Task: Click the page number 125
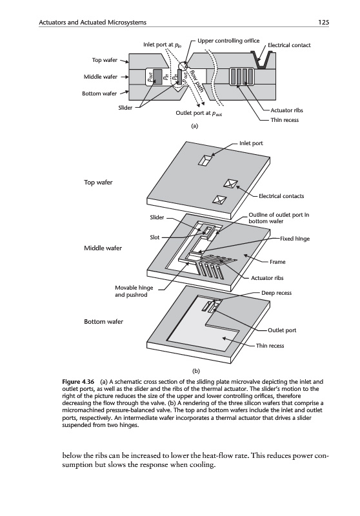coord(323,23)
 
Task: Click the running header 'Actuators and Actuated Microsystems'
coord(92,23)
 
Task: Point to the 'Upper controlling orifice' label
coord(228,41)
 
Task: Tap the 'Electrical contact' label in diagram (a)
coord(289,45)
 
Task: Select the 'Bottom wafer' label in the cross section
coord(99,94)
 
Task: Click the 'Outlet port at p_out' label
coord(199,114)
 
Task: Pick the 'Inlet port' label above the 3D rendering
coord(251,143)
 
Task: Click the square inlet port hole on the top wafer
coord(205,159)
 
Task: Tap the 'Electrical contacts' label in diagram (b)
coord(281,196)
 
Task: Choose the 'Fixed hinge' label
coord(295,239)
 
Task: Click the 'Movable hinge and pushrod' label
coord(134,292)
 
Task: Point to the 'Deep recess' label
coord(276,293)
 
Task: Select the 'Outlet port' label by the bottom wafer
coord(282,330)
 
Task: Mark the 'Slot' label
coord(155,237)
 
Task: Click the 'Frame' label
coord(277,262)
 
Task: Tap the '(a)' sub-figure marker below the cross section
coord(195,126)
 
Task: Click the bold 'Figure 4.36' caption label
coord(78,382)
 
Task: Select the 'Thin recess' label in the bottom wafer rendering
coord(270,346)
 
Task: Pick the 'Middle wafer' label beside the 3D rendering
coord(103,248)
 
